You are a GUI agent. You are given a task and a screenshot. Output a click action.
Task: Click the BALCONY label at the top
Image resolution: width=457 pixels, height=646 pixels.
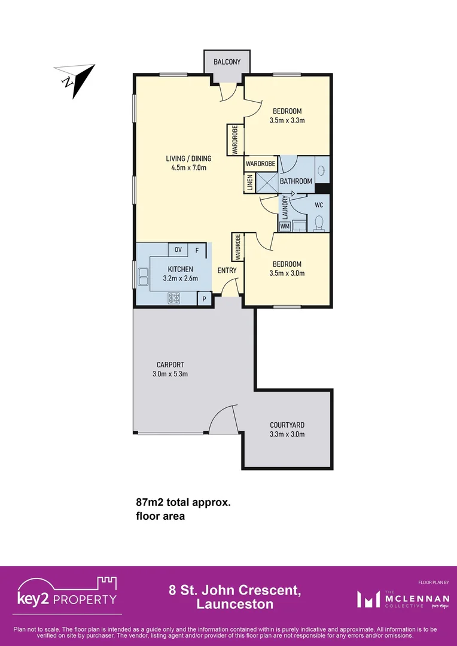click(227, 62)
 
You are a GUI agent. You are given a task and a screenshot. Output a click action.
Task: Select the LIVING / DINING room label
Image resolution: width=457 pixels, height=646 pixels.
click(188, 163)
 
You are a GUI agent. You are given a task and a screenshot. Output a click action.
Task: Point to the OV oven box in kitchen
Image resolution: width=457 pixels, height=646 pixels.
click(178, 250)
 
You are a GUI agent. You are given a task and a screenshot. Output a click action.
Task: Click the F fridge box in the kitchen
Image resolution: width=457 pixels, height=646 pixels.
click(197, 250)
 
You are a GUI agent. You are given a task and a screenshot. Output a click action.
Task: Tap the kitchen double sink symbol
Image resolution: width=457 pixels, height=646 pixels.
click(144, 277)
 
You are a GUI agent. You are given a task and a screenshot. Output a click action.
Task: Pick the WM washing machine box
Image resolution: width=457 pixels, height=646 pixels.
click(285, 226)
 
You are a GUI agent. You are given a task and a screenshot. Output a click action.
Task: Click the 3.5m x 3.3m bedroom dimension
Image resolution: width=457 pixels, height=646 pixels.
click(287, 120)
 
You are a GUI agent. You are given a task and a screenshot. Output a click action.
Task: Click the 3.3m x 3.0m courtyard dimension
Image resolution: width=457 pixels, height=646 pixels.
click(287, 434)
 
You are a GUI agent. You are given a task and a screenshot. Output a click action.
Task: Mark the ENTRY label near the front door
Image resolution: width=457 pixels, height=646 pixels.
click(227, 270)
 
